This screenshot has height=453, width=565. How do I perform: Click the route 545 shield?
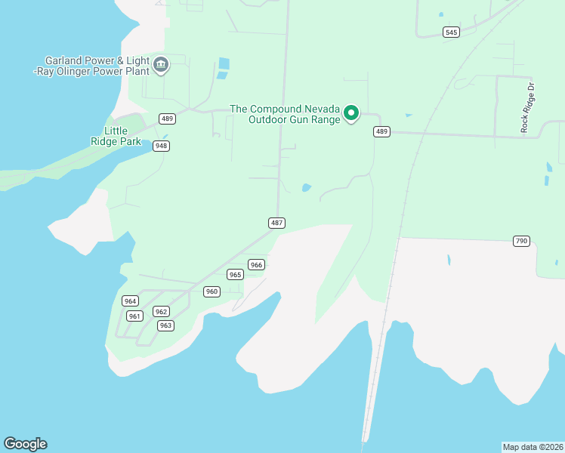click(x=451, y=32)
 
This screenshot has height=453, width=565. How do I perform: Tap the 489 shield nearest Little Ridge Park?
click(x=167, y=119)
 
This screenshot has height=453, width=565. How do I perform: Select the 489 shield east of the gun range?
click(x=381, y=131)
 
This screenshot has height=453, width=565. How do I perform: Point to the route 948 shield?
click(x=160, y=146)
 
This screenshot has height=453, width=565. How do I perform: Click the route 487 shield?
click(x=276, y=222)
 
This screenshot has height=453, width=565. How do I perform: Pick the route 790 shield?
click(x=521, y=241)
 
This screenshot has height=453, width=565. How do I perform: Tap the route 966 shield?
click(x=256, y=264)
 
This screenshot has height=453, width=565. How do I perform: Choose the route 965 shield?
click(x=235, y=275)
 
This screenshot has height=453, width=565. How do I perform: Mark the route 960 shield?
click(x=211, y=291)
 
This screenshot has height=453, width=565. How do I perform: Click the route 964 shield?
click(x=130, y=301)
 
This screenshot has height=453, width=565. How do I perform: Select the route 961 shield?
click(x=134, y=316)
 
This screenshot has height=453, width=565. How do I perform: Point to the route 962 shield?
click(x=160, y=311)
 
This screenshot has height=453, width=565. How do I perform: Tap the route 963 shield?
click(x=165, y=325)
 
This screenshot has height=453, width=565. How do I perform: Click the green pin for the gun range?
click(x=351, y=113)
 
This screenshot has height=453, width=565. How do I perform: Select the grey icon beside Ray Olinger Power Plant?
click(x=161, y=66)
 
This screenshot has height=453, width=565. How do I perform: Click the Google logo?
click(x=25, y=444)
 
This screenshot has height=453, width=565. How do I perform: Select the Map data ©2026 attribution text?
click(x=533, y=447)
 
